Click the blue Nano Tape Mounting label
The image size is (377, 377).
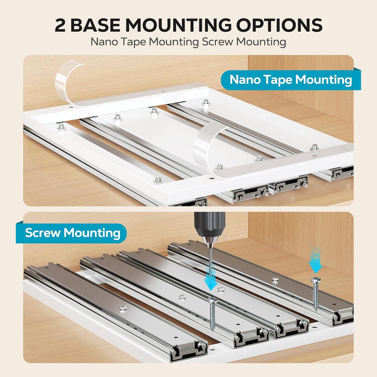[x=291, y=80]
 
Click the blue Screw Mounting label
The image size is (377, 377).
[x=71, y=233]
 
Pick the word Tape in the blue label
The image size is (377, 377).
[x=278, y=80]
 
